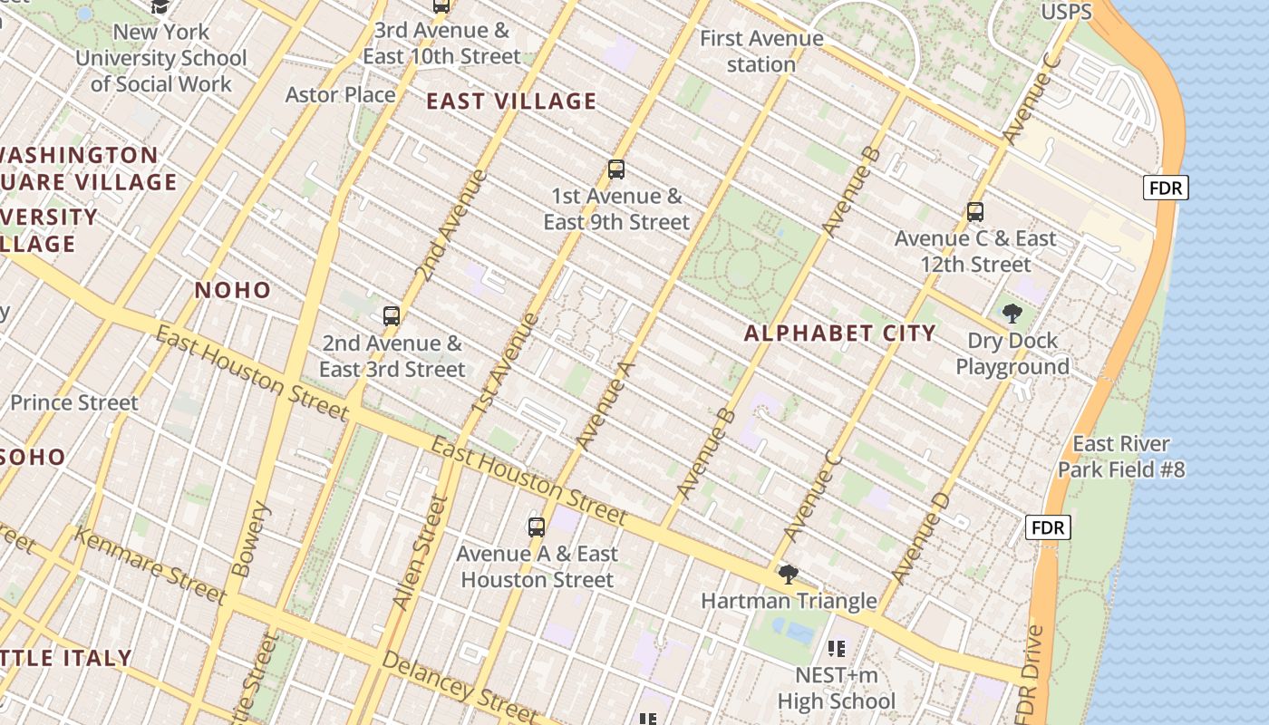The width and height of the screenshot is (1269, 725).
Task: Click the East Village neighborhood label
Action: click(x=511, y=101)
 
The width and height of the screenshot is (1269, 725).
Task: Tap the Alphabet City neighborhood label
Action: click(x=839, y=333)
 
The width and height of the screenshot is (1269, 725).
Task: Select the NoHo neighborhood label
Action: click(x=233, y=290)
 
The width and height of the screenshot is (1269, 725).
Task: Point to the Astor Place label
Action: click(x=340, y=94)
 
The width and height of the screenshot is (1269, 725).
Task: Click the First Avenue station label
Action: click(x=761, y=52)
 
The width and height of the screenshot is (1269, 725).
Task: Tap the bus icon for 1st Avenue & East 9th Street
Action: click(x=616, y=169)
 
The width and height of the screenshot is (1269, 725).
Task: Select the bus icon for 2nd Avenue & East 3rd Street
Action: click(x=392, y=316)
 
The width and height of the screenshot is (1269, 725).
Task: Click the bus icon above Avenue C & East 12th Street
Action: click(x=975, y=212)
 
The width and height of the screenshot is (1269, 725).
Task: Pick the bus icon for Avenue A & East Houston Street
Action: click(x=537, y=527)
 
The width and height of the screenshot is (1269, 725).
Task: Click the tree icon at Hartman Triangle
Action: click(x=789, y=574)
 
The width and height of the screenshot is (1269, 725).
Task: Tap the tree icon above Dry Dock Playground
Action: click(x=1012, y=314)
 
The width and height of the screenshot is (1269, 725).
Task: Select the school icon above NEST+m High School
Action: click(x=837, y=648)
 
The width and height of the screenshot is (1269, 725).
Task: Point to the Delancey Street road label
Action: click(x=447, y=681)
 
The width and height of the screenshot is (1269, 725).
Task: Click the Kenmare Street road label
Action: click(x=150, y=565)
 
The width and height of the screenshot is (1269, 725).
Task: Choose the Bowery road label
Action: click(x=250, y=540)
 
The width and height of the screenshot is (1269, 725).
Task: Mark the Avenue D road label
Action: click(x=920, y=537)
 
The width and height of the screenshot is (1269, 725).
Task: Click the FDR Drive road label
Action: click(x=1030, y=672)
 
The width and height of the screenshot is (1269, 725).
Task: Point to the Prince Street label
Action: click(x=74, y=402)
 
